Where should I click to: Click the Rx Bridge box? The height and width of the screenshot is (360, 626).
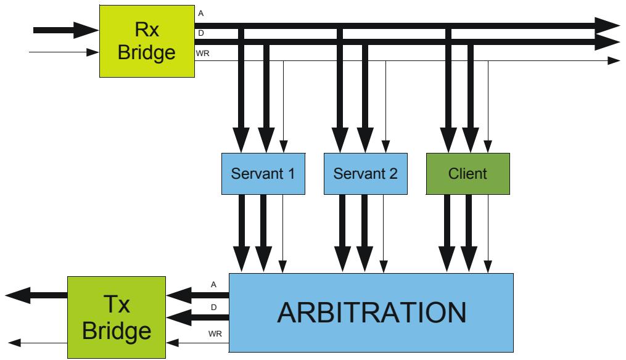tap(147, 41)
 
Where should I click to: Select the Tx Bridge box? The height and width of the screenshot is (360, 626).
tap(117, 317)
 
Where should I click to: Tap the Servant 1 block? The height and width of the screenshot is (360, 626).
tap(263, 174)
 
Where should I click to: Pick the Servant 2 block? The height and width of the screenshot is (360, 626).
tap(366, 174)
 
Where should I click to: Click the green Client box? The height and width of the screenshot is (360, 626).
tap(468, 174)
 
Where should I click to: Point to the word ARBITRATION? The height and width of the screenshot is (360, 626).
tap(372, 313)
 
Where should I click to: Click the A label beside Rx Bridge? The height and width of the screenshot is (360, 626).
tap(201, 14)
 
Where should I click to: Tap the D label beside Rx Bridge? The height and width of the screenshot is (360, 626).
tap(201, 33)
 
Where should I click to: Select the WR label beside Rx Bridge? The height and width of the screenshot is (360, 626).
tap(203, 54)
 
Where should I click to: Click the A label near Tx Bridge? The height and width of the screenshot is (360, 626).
tap(213, 285)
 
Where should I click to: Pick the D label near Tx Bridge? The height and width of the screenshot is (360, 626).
tap(213, 308)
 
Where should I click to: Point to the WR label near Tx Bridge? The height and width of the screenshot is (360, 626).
tap(215, 333)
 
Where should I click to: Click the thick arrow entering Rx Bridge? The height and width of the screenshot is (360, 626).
tap(66, 30)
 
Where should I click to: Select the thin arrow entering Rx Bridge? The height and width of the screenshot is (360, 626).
tap(64, 52)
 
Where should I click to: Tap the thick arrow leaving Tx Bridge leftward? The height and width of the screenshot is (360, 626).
tap(36, 295)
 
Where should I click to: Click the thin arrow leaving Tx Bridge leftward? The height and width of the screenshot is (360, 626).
tap(38, 343)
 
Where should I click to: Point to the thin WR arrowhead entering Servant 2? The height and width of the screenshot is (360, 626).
tap(385, 147)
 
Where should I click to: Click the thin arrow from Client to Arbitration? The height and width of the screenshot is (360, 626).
tap(488, 234)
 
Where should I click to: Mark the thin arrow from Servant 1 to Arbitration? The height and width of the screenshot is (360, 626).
tap(282, 234)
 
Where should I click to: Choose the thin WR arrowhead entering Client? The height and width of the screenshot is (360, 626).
tap(488, 147)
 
